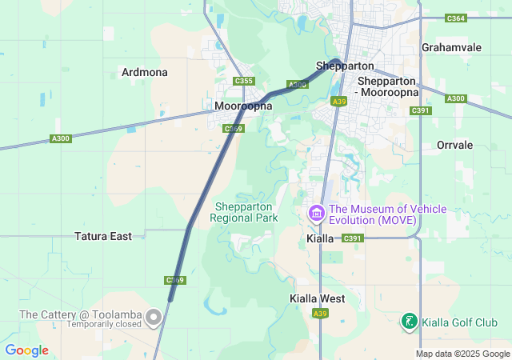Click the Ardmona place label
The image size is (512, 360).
coord(145,72)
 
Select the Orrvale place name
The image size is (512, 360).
coord(455,145)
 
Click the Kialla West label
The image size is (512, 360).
coord(317,298)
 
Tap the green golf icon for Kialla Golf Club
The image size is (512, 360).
coord(409,322)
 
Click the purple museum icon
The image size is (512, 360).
coord(316,214)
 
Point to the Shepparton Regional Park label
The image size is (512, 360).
coord(244,211)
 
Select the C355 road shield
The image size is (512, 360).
coord(244,81)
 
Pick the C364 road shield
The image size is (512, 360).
coord(455,18)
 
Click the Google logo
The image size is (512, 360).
coord(26,350)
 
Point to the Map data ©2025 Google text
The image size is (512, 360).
coord(462,354)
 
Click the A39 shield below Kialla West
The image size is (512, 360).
coord(320,313)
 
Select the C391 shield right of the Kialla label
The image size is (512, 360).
coord(353,238)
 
